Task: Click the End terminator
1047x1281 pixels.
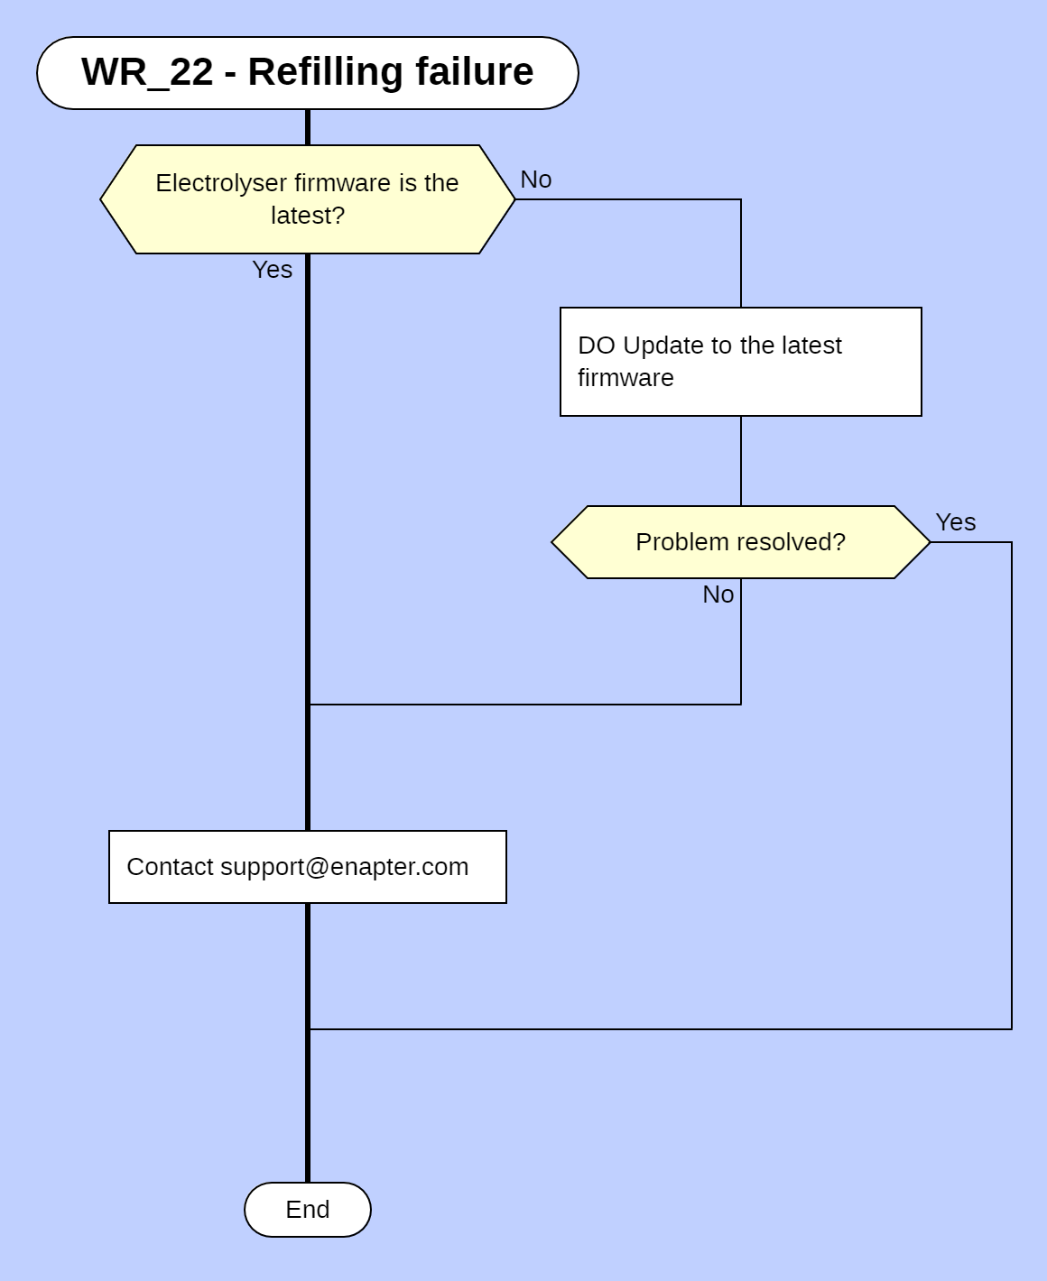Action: [308, 1210]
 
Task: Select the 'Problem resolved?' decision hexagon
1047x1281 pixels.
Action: [740, 542]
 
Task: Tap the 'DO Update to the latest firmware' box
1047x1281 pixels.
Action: [740, 362]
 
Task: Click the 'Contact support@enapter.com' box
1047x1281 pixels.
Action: [307, 867]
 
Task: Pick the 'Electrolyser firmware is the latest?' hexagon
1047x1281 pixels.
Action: [307, 199]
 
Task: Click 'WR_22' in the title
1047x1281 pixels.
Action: [147, 72]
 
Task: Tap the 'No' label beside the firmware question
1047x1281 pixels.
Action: [536, 180]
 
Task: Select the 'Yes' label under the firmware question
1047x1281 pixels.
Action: [272, 270]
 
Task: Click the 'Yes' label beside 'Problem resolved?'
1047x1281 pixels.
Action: [956, 522]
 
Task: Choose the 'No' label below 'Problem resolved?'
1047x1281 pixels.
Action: [718, 594]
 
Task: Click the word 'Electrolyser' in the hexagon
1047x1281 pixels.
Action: [209, 183]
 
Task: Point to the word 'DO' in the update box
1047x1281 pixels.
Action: [596, 346]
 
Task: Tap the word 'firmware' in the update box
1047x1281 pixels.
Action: [625, 378]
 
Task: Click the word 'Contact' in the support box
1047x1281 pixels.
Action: [170, 867]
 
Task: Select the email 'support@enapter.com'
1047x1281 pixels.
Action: [345, 867]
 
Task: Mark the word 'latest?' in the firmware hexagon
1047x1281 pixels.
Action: [308, 216]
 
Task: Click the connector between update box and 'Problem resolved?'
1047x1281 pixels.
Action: [741, 461]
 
